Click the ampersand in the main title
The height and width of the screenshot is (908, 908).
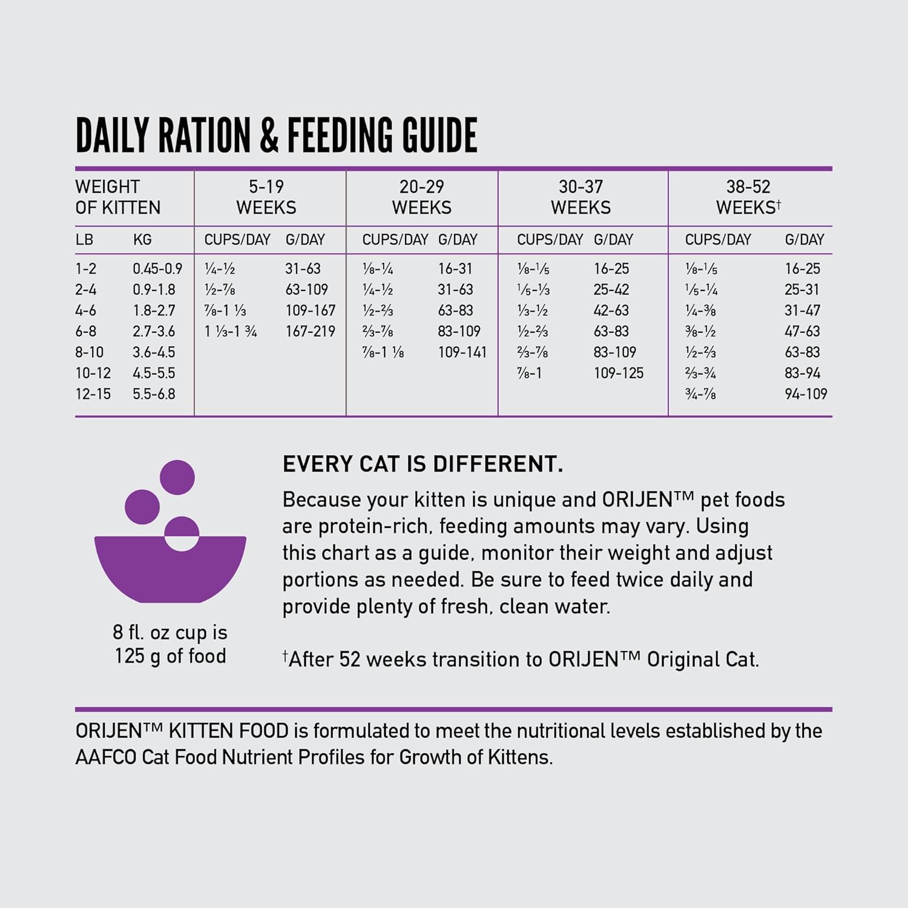pos(269,135)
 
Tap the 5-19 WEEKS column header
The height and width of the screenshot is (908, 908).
pos(266,197)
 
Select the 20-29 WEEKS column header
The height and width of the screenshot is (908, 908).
pos(421,197)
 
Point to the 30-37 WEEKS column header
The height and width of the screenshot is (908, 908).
pos(581,197)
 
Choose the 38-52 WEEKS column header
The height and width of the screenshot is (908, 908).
pos(748,197)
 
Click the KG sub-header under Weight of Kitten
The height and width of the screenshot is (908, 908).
pos(142,240)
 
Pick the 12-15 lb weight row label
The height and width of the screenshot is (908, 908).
pos(93,394)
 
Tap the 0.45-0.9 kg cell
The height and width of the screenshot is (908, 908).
pos(157,269)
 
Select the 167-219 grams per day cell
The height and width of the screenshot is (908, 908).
pos(310,331)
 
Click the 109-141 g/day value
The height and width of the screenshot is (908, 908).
pos(462,352)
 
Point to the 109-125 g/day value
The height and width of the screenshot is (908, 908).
pos(618,373)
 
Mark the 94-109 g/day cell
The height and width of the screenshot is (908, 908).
pos(806,394)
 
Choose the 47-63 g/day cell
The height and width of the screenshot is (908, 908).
pos(802,331)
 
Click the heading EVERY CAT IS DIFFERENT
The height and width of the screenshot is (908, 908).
pos(423,464)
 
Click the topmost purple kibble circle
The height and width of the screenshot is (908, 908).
pos(177,477)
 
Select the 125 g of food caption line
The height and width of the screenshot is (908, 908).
pos(170,656)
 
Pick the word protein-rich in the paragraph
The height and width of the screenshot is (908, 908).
pos(370,527)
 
